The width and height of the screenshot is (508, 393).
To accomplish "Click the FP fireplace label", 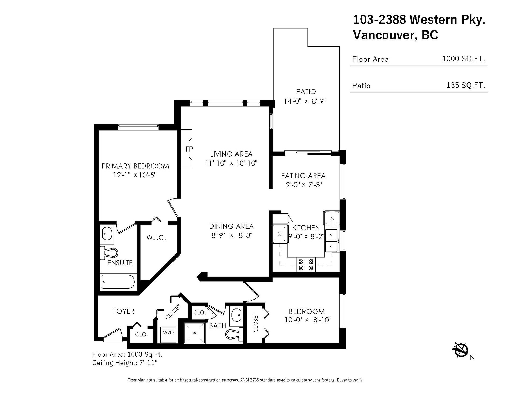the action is [189, 149].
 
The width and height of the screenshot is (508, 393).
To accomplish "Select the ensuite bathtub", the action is [118, 282].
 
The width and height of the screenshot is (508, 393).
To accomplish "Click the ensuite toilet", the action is [109, 253].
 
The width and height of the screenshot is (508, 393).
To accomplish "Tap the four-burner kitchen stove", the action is [306, 265].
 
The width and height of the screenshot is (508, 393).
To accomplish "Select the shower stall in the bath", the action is [195, 333].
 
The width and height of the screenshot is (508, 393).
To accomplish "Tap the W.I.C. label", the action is [156, 238].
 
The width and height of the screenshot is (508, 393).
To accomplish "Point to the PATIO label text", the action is [306, 92].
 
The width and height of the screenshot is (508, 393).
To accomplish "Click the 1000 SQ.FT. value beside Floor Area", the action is [464, 59].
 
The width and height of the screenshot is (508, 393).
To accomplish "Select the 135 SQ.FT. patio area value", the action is [466, 85].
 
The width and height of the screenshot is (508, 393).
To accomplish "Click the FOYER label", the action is [124, 311].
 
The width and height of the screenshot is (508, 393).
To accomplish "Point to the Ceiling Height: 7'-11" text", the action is [125, 363].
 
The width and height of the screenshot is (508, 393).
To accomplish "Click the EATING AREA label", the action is [303, 176].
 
